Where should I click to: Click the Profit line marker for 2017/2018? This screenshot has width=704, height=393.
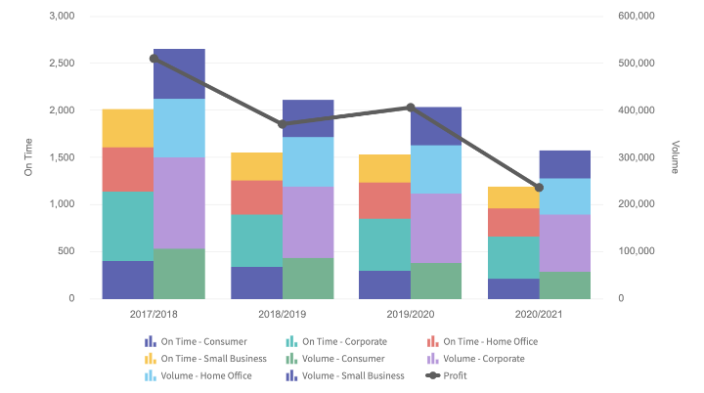tap(154, 59)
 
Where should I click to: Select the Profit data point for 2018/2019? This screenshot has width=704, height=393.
tap(283, 124)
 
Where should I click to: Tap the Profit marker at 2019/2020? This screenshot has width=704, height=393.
tap(411, 108)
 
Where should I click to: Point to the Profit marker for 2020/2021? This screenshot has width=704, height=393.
tap(539, 188)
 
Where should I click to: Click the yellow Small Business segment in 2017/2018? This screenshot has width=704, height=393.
tap(127, 128)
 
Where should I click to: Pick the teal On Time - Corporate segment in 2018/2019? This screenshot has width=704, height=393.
tap(256, 240)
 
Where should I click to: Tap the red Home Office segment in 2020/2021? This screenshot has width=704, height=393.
tap(513, 222)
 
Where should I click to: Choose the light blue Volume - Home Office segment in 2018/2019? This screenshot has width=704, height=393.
tap(308, 161)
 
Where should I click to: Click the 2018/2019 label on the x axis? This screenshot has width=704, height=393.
tap(283, 316)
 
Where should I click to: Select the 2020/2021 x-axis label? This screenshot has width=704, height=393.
tap(539, 316)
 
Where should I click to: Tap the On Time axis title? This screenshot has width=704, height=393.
tap(29, 157)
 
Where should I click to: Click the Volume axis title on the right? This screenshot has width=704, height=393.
tap(676, 157)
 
